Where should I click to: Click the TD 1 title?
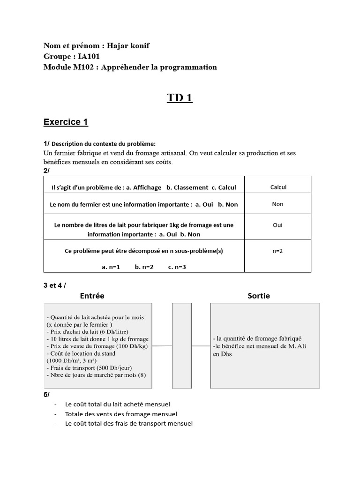click(x=180, y=98)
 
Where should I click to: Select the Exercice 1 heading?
click(x=66, y=122)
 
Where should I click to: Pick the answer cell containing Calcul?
click(x=278, y=187)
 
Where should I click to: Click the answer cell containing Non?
click(x=277, y=204)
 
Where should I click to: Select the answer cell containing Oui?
click(x=277, y=225)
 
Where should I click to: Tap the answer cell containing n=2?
click(x=277, y=251)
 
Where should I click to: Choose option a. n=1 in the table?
click(x=111, y=267)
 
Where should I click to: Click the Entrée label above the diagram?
click(x=92, y=296)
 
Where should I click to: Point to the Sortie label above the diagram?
click(x=258, y=296)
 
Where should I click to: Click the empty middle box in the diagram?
click(x=182, y=345)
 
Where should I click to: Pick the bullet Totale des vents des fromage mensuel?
click(x=121, y=414)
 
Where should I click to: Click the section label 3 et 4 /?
click(x=55, y=285)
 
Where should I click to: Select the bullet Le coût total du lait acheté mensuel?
click(x=118, y=404)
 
